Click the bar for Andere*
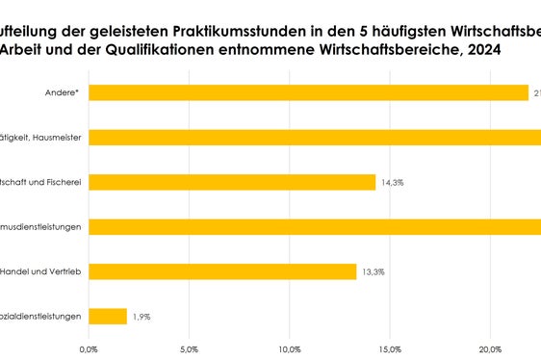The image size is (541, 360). click(x=308, y=92)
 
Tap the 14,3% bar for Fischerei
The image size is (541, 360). click(x=232, y=182)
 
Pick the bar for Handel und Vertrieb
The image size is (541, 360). click(x=222, y=271)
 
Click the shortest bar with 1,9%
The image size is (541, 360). click(x=108, y=316)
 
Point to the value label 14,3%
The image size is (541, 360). click(x=393, y=182)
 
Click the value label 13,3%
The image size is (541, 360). click(x=373, y=271)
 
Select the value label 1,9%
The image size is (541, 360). click(x=142, y=316)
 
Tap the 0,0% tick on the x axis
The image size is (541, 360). click(x=89, y=348)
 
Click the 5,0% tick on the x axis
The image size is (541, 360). click(x=190, y=348)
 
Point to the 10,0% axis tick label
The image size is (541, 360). click(x=290, y=348)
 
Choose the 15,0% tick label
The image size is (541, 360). click(x=390, y=348)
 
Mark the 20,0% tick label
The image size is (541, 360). click(x=490, y=348)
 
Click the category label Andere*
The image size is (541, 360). click(x=64, y=92)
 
